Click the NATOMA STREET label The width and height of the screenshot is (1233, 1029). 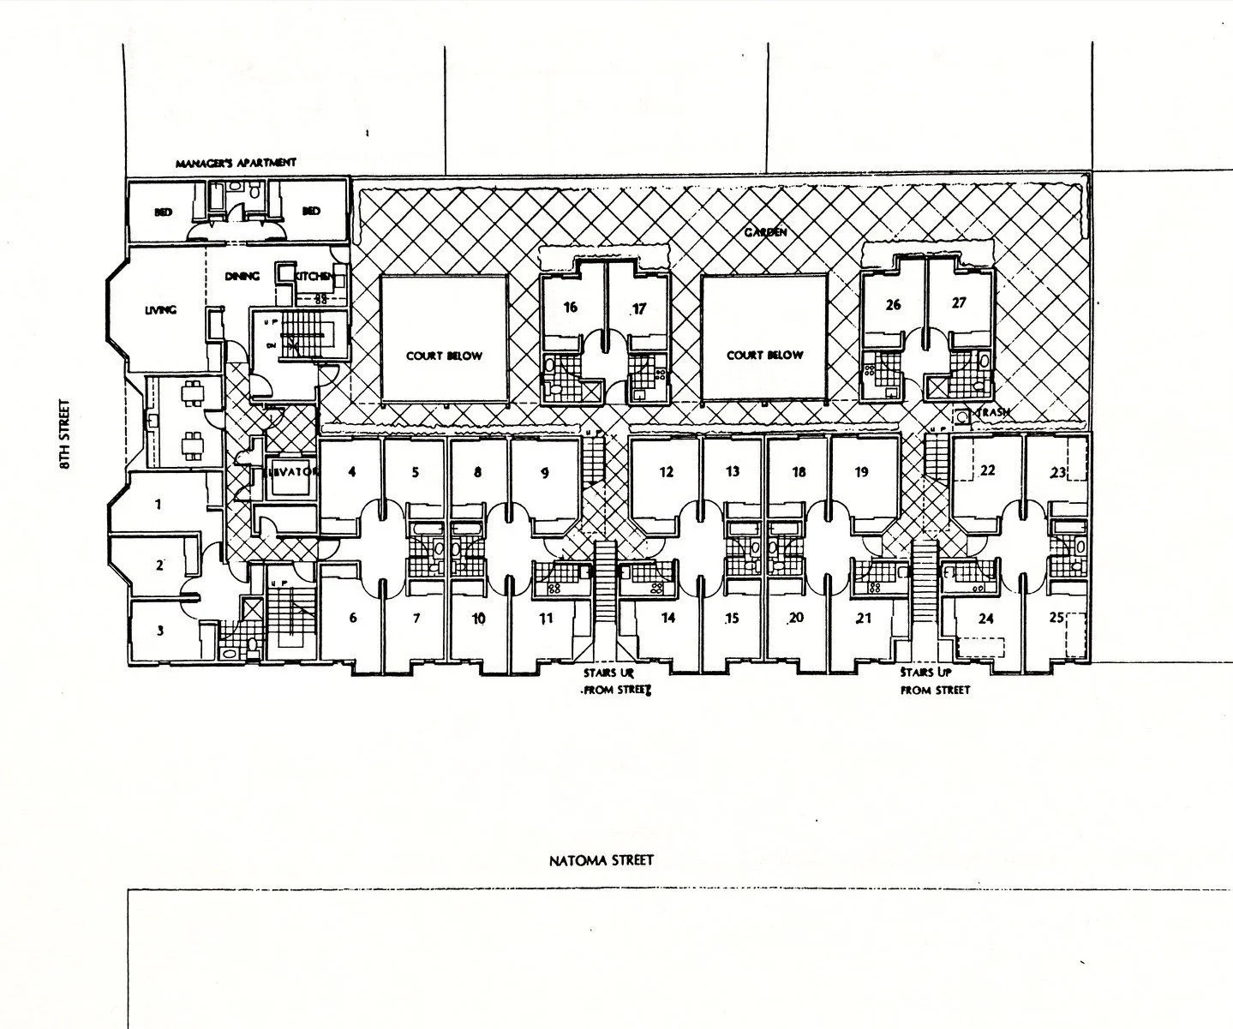point(601,859)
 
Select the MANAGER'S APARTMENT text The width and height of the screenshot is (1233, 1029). point(236,163)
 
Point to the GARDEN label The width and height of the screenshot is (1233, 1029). point(764,231)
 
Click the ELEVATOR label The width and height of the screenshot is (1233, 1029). point(292,471)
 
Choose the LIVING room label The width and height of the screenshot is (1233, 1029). point(160,310)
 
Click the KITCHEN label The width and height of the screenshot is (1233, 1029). point(314,276)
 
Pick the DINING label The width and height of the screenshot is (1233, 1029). point(242,276)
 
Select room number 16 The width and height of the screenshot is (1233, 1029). point(572,308)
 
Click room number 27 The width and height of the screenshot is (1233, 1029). point(958,302)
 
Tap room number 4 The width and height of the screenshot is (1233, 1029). point(352,470)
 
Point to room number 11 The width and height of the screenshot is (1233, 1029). point(545,619)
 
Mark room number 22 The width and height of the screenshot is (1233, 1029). point(987,470)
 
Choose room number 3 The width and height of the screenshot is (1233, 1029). point(159,631)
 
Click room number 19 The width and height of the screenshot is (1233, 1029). point(861,471)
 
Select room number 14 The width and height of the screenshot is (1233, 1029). point(667,618)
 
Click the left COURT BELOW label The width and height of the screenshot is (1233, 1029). point(444,356)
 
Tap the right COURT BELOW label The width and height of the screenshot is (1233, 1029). point(764,355)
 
